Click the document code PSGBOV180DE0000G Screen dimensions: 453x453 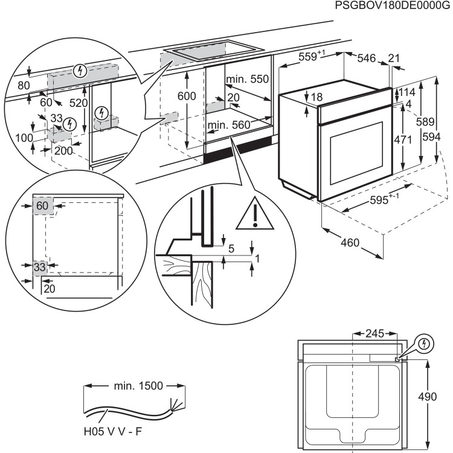point(393,7)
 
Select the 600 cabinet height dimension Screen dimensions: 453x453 point(187,97)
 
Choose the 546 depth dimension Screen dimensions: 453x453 point(366,58)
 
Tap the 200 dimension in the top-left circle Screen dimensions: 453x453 point(63,150)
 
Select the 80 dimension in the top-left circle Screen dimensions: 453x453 point(24,86)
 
